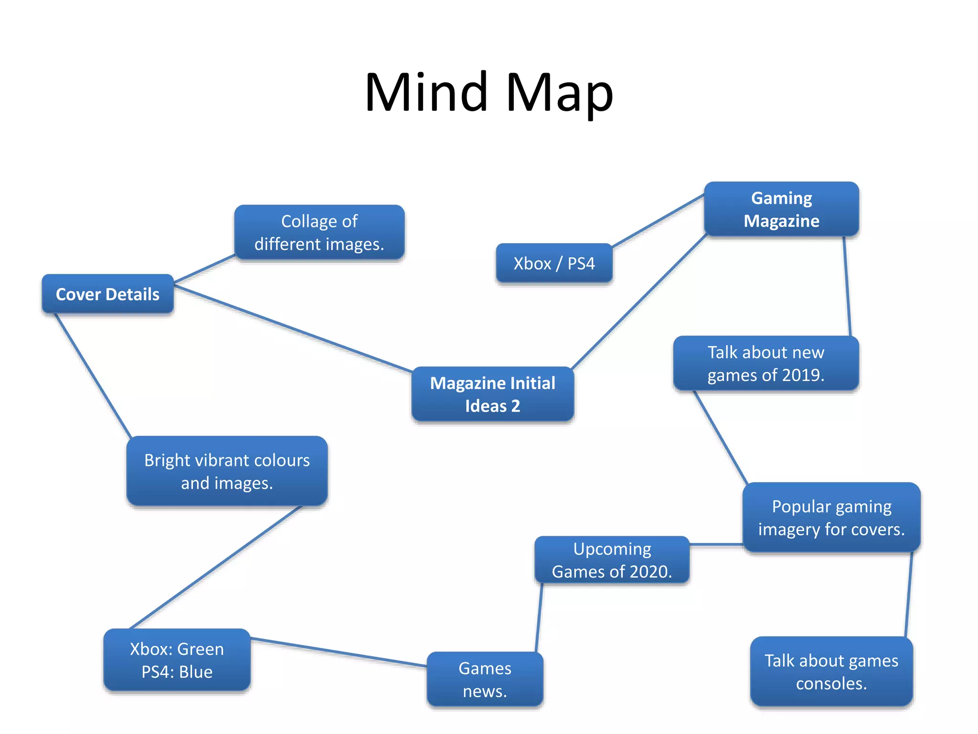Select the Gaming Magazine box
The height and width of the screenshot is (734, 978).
point(781,209)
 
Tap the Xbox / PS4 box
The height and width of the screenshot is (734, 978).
point(554,263)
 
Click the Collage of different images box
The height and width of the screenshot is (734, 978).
point(319,233)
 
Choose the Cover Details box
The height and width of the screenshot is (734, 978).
point(107,294)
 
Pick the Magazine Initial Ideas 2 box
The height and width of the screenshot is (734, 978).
point(492,394)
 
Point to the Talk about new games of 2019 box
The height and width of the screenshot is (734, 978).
point(765,364)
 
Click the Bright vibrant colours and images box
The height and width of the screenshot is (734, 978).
point(227,471)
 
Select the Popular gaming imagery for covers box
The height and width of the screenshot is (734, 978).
point(831,518)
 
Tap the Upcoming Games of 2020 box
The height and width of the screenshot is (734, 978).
point(612,560)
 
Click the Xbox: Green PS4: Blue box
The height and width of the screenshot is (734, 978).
point(177,660)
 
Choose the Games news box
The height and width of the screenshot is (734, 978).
point(485,679)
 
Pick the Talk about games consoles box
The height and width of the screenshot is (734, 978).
point(831,671)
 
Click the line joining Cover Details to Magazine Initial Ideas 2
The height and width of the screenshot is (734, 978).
point(292,327)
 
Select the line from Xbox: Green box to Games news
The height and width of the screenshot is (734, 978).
point(338,652)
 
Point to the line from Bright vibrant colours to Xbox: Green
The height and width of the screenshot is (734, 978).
point(215,568)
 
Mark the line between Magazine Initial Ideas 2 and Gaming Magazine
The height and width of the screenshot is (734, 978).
point(639,302)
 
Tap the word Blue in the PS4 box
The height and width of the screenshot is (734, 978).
point(196,672)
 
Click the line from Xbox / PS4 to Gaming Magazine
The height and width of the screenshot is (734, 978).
point(658,221)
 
